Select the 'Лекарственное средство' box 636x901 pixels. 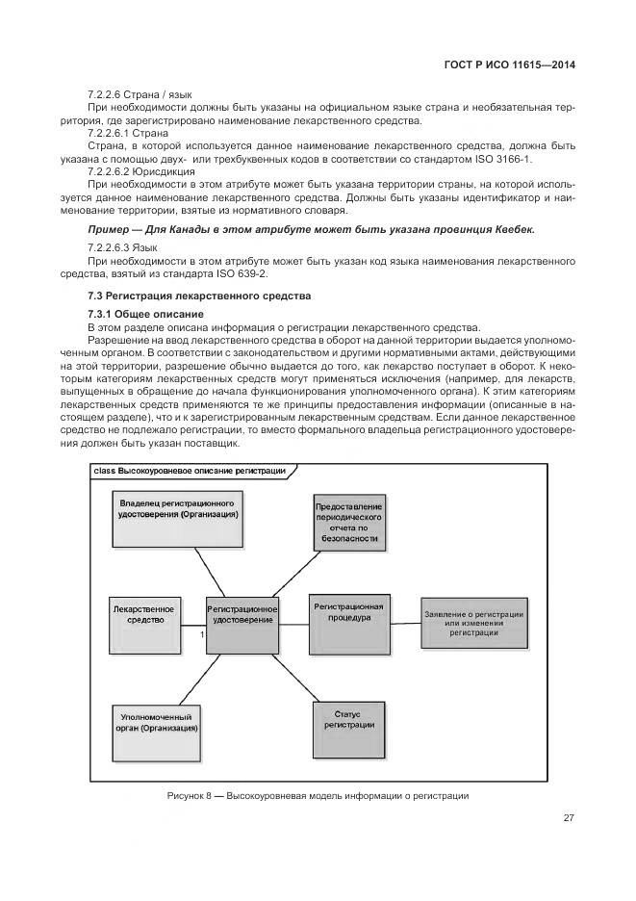click(143, 615)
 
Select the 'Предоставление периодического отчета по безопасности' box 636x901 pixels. click(348, 524)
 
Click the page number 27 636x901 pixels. click(569, 818)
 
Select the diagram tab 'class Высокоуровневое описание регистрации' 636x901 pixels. click(191, 471)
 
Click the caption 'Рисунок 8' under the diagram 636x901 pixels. click(189, 797)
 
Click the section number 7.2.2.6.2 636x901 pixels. click(112, 170)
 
